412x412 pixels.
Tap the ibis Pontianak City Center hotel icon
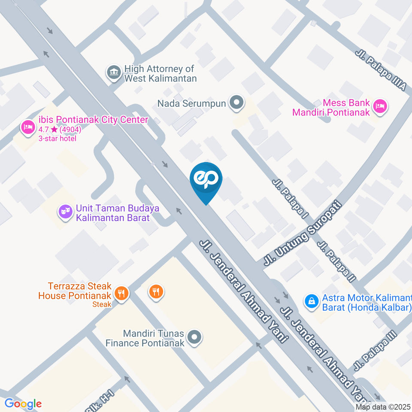28,127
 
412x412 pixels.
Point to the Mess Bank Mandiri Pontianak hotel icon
380,106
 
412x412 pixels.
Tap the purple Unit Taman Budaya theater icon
65,212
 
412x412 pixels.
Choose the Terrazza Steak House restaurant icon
122,294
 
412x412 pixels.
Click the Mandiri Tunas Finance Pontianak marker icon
194,337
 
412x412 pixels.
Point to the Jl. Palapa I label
291,200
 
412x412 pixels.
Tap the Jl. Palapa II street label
337,261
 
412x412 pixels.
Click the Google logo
23,404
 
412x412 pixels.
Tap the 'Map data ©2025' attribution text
383,407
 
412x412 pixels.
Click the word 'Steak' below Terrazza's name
102,304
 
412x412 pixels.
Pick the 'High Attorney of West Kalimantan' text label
160,73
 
